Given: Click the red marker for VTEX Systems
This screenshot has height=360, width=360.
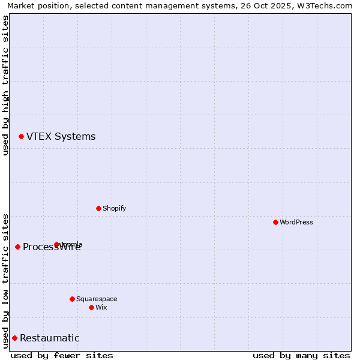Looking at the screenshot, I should (x=21, y=137).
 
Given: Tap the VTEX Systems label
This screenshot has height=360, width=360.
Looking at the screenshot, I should (x=61, y=137).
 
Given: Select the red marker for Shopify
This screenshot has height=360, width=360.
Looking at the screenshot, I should (x=98, y=208).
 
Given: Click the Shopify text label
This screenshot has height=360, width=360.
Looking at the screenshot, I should (x=114, y=209).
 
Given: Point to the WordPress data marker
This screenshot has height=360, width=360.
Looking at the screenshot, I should (x=275, y=222).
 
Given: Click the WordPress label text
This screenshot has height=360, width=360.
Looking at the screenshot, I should (x=296, y=223).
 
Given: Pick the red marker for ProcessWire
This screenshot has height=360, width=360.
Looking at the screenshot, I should (x=17, y=247).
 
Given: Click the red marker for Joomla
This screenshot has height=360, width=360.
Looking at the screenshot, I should (x=56, y=244).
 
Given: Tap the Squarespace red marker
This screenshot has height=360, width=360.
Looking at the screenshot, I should (x=72, y=299).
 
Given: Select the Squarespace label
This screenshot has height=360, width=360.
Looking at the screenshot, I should (x=97, y=299).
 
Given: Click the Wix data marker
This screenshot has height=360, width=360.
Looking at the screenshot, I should (x=91, y=307).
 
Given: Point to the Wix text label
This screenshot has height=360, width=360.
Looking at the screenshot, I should (x=101, y=308).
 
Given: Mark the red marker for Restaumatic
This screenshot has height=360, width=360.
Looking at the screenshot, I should (x=14, y=338).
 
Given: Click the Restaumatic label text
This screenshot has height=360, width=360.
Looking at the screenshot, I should (x=49, y=338).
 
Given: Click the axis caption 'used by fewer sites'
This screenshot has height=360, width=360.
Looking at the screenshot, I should (x=62, y=356).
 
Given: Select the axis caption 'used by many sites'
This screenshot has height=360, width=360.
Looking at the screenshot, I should (x=301, y=356).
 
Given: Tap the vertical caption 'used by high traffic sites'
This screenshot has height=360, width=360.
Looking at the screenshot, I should (x=5, y=85).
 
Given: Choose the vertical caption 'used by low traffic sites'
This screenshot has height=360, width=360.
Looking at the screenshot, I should (x=5, y=280).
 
